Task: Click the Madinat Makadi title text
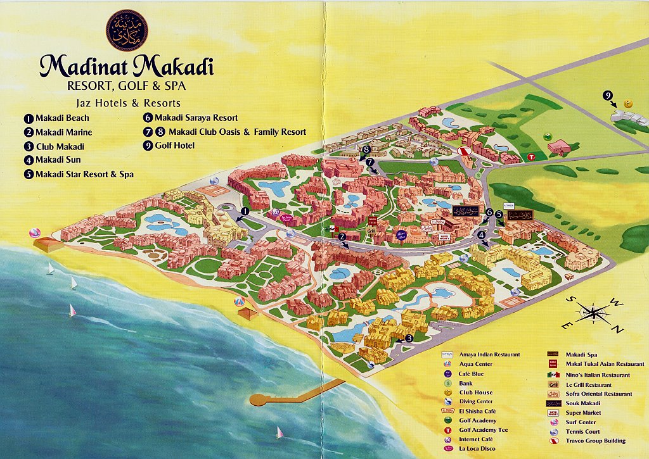(x=127, y=66)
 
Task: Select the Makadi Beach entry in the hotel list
(x=56, y=118)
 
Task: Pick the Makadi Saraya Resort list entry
(x=190, y=118)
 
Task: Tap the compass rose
(x=591, y=313)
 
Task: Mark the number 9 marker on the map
(x=608, y=96)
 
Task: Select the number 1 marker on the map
(x=245, y=211)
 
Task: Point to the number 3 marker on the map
(x=409, y=338)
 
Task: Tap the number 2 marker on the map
(x=342, y=237)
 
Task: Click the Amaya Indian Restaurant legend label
(x=489, y=355)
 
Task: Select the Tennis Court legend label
(x=584, y=431)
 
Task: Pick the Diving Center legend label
(x=476, y=402)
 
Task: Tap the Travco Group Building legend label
(x=596, y=441)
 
